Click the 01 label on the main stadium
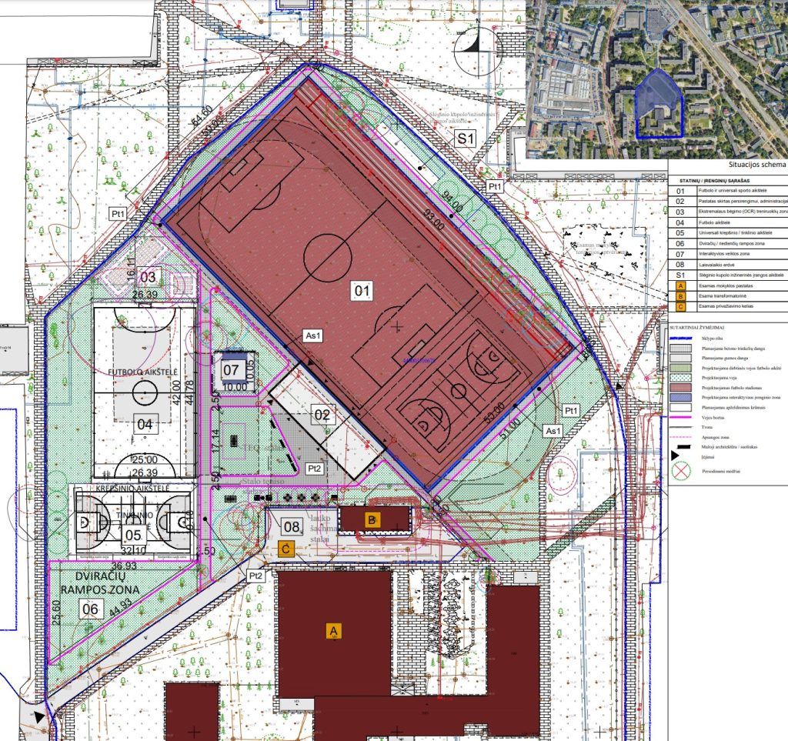(x=362, y=291)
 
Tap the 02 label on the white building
(x=323, y=416)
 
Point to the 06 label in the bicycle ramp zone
(x=91, y=609)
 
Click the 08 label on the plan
(x=292, y=527)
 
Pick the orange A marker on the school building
(x=334, y=630)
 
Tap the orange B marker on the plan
(x=372, y=519)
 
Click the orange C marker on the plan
(x=286, y=548)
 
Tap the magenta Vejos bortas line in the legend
(x=680, y=414)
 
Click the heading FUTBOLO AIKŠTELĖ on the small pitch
(x=144, y=371)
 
